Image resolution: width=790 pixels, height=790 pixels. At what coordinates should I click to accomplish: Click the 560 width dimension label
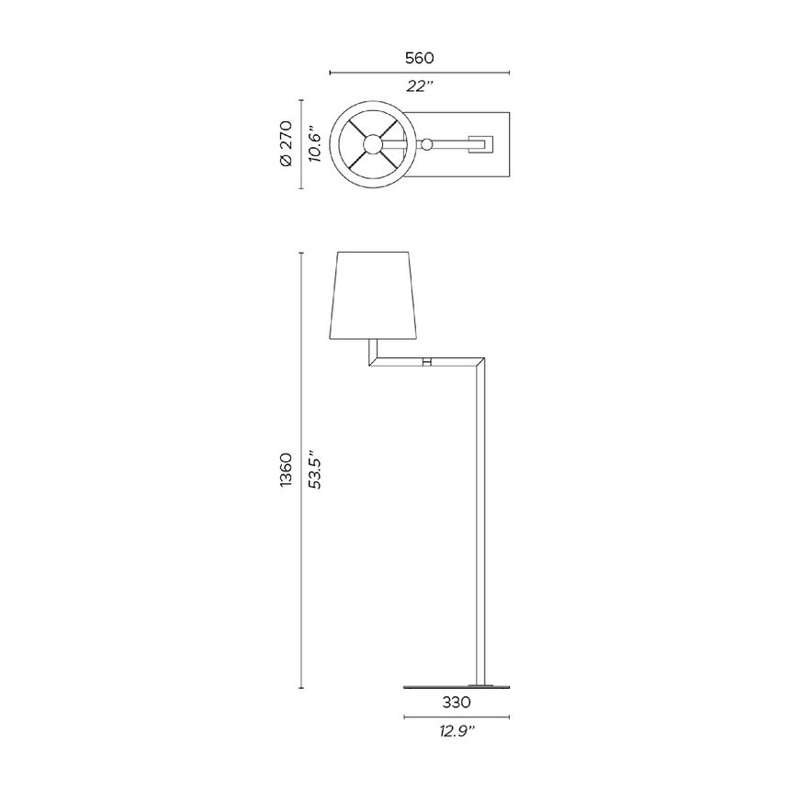pyautogui.click(x=419, y=58)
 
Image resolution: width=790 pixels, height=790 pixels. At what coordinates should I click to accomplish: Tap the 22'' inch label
pyautogui.click(x=419, y=86)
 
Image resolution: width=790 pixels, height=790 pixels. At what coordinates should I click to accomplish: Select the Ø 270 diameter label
pyautogui.click(x=285, y=143)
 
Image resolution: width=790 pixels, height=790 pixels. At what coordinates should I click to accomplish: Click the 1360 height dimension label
pyautogui.click(x=285, y=469)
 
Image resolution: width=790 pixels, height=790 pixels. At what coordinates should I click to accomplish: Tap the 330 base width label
pyautogui.click(x=456, y=703)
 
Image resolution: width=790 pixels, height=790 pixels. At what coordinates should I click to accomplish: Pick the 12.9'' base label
pyautogui.click(x=456, y=732)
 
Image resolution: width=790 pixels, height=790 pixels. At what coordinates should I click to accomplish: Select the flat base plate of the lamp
pyautogui.click(x=456, y=686)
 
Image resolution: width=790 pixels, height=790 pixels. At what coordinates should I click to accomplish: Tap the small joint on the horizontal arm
pyautogui.click(x=427, y=363)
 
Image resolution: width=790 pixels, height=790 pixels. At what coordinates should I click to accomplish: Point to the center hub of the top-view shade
pyautogui.click(x=372, y=144)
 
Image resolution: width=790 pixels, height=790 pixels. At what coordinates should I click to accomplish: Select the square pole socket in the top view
pyautogui.click(x=480, y=144)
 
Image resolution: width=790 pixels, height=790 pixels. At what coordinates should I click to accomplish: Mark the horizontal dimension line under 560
pyautogui.click(x=419, y=73)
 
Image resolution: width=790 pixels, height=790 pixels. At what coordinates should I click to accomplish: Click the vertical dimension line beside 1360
pyautogui.click(x=301, y=469)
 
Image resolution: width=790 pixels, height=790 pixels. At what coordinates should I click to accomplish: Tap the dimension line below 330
pyautogui.click(x=456, y=717)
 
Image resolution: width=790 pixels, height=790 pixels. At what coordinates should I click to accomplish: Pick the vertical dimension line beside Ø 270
pyautogui.click(x=301, y=143)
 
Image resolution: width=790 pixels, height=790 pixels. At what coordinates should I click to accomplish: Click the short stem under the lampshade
pyautogui.click(x=371, y=349)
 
